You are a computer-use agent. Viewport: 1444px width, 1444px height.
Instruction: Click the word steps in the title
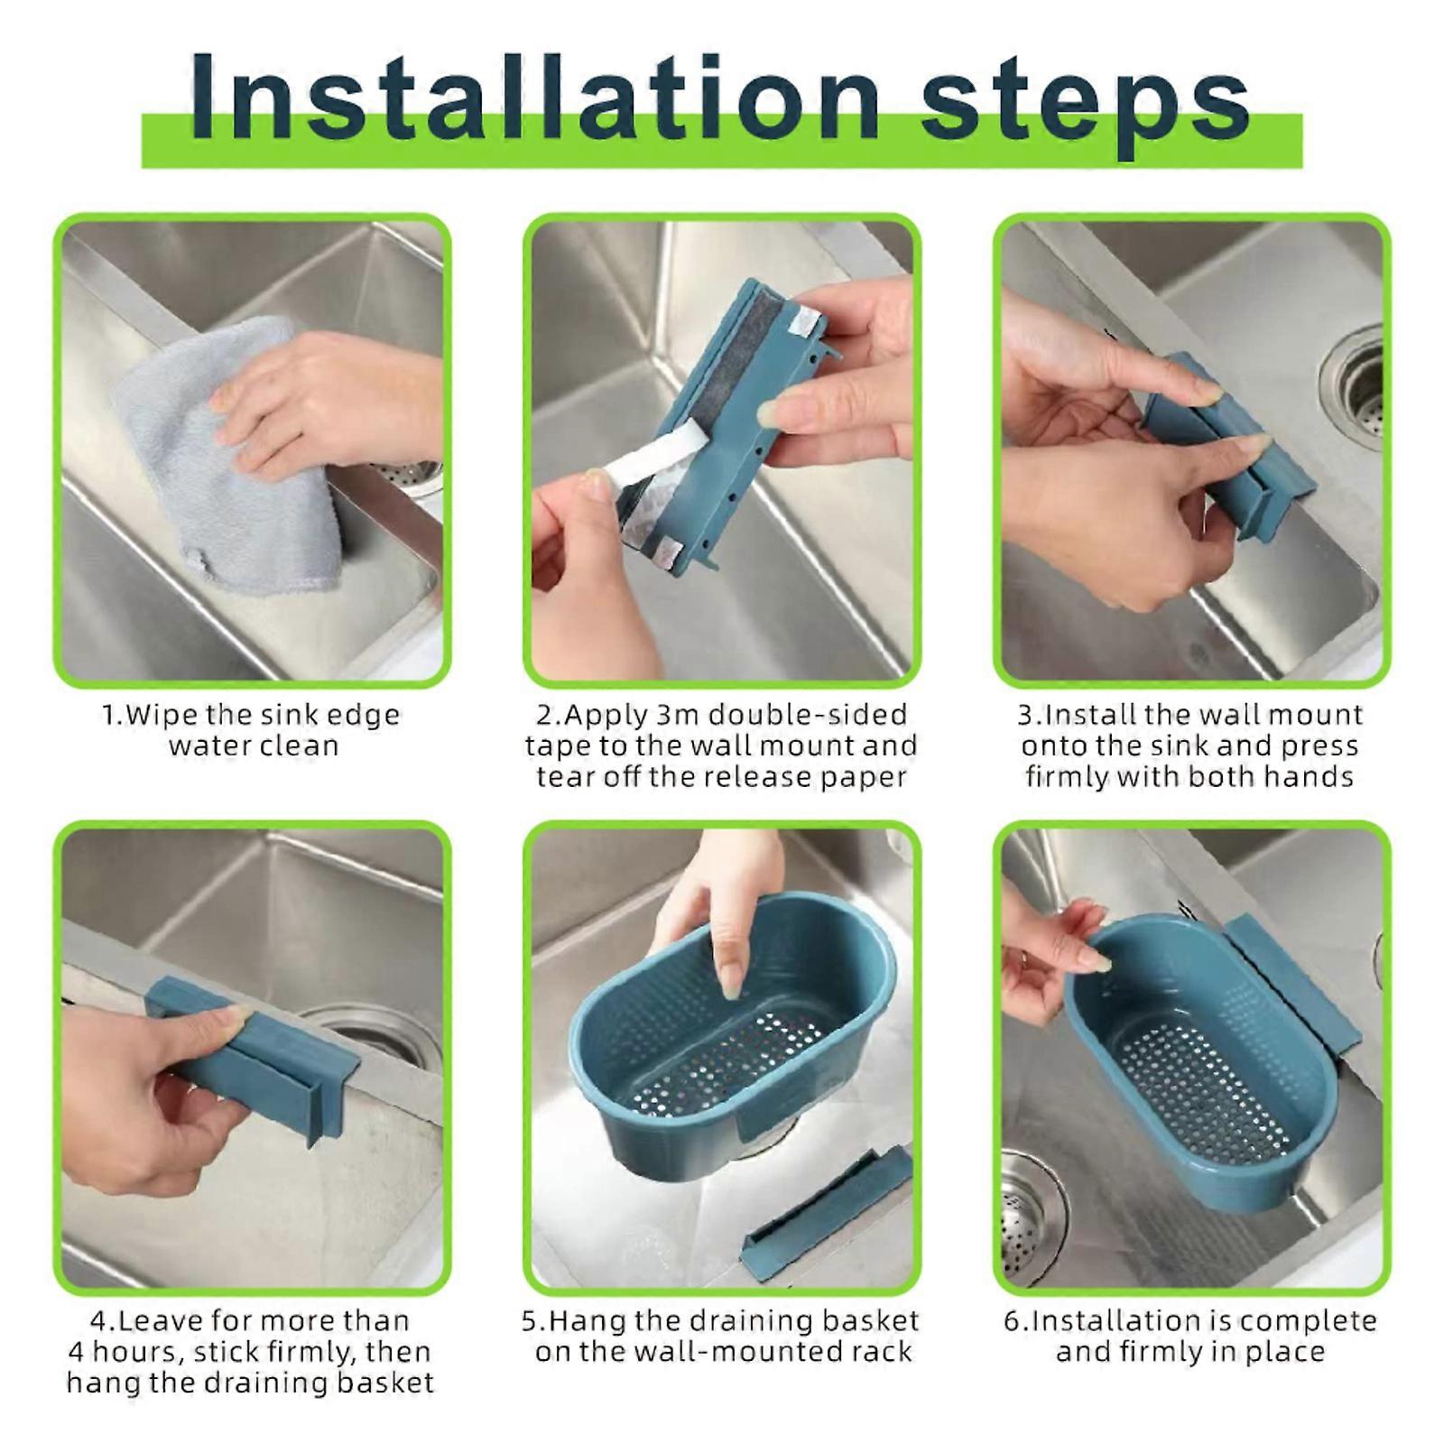(1083, 104)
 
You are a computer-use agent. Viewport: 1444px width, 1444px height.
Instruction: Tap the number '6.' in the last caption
(1015, 1321)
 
